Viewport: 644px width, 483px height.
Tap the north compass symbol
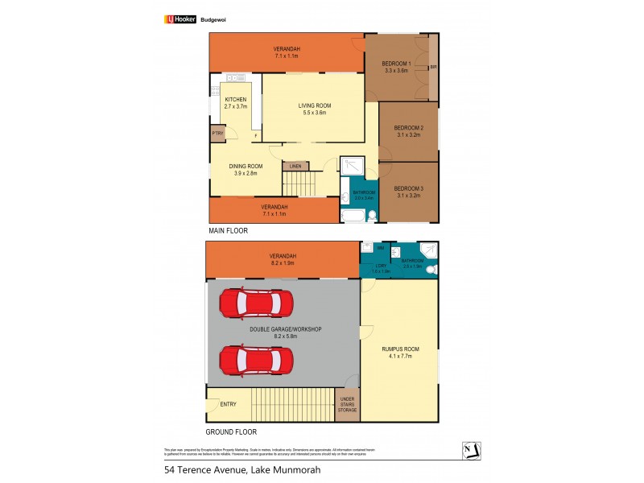point(473,449)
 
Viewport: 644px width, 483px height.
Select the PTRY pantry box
point(217,134)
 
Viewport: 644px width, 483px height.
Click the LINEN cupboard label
point(295,166)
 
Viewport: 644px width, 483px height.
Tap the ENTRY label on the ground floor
point(229,404)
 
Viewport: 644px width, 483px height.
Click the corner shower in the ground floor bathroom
point(430,251)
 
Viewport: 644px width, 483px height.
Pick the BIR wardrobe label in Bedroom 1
point(433,68)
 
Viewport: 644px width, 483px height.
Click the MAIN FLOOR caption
point(228,230)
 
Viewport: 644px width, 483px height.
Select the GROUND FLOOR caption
point(232,431)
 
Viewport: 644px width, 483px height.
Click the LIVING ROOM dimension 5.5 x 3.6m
point(315,113)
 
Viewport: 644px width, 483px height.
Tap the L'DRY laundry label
point(381,266)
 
